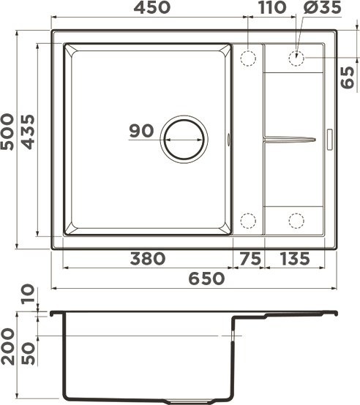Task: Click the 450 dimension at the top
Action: point(151,8)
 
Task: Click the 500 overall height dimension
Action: point(9,132)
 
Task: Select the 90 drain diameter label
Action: point(140,132)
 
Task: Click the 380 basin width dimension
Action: point(148,259)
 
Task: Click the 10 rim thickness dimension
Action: point(28,295)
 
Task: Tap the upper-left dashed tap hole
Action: point(248,57)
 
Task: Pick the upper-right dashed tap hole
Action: point(296,57)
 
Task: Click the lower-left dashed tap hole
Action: point(248,219)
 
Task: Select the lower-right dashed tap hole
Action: point(296,219)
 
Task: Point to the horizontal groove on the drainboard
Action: point(290,138)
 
